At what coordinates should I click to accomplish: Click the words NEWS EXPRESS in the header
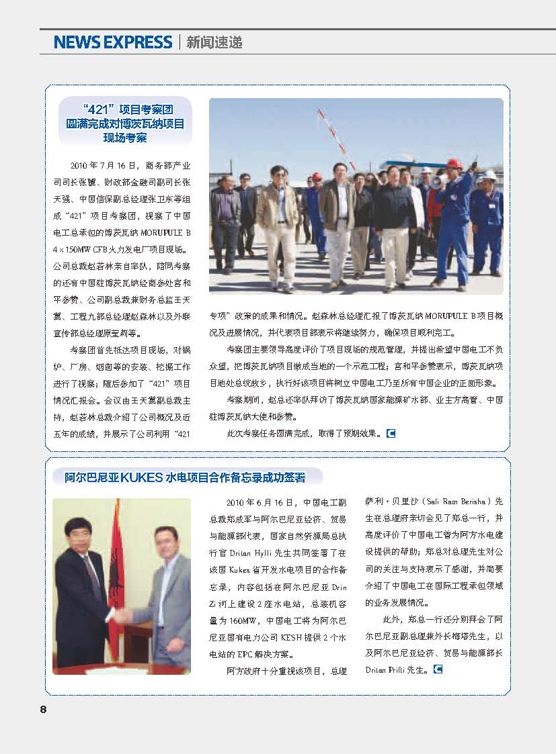113,42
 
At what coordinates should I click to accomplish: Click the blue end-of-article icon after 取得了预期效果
391,433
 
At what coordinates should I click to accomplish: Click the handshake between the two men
124,614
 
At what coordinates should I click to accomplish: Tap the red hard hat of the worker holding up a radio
454,163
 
